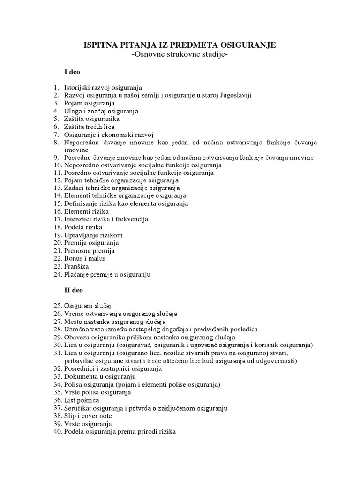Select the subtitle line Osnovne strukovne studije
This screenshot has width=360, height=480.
pyautogui.click(x=180, y=55)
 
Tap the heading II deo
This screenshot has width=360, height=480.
pyautogui.click(x=74, y=290)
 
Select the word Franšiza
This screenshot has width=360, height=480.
pyautogui.click(x=76, y=266)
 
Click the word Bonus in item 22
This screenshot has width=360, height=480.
pyautogui.click(x=73, y=258)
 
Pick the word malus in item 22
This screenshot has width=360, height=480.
pyautogui.click(x=97, y=258)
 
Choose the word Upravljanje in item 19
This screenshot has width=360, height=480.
pyautogui.click(x=80, y=235)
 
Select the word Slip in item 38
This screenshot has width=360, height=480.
pyautogui.click(x=70, y=416)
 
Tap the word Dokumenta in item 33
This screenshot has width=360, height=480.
pyautogui.click(x=80, y=376)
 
